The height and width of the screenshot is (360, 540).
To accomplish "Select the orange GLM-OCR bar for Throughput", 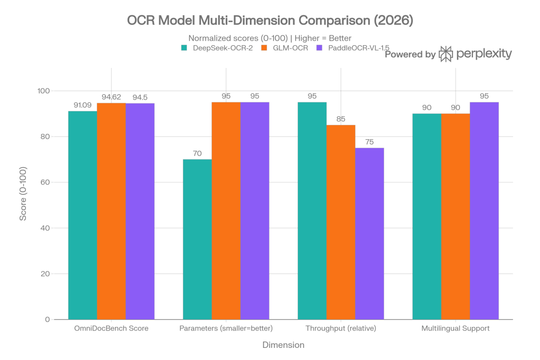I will [341, 222].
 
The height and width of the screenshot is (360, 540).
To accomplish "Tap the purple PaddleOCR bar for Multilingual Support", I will [484, 210].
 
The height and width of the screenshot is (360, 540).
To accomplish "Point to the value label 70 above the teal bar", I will [197, 154].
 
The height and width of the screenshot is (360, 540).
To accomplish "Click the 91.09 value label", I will [82, 106].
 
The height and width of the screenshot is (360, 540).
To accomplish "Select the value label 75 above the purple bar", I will [369, 143].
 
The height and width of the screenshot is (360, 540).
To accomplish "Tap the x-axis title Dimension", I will [283, 345].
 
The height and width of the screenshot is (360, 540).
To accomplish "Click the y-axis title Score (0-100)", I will [24, 193].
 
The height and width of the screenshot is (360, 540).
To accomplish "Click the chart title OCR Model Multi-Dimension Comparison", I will [269, 21].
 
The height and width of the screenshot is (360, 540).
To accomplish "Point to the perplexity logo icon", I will [446, 54].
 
